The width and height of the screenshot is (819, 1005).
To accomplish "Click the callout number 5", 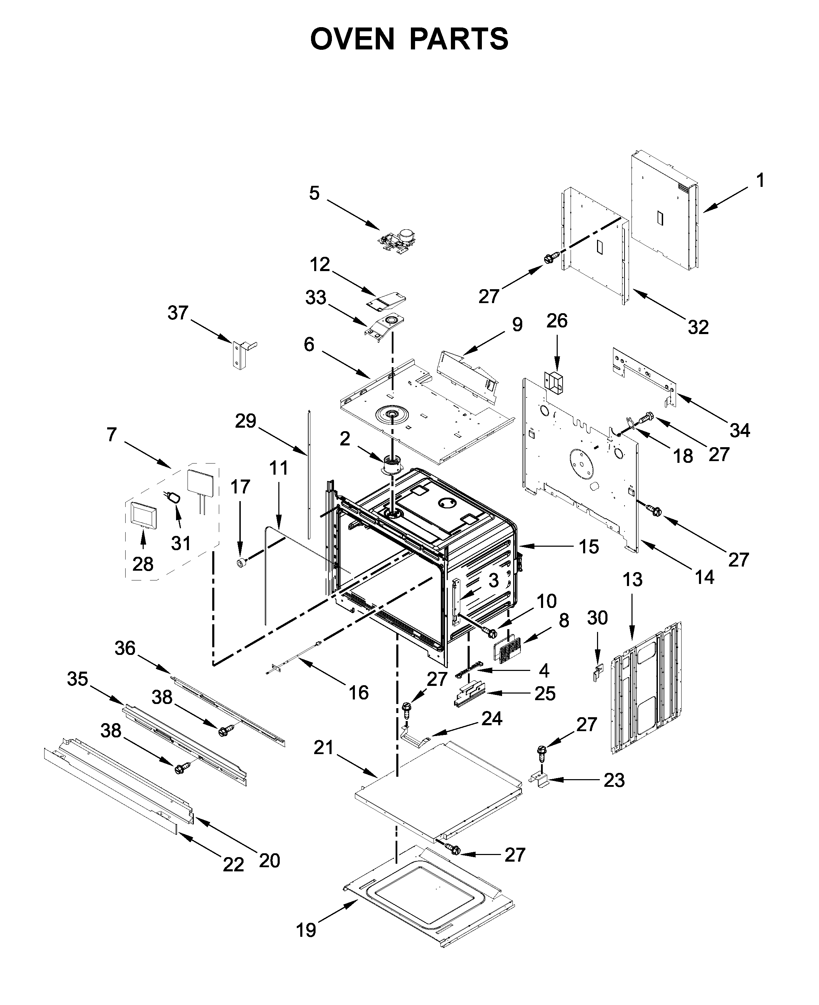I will (314, 193).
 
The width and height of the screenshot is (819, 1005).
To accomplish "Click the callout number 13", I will (632, 579).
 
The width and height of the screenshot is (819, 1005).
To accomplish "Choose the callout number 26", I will (557, 321).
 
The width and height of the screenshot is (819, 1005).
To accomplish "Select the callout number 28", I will (143, 563).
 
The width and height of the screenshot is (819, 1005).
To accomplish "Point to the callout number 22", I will (233, 864).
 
